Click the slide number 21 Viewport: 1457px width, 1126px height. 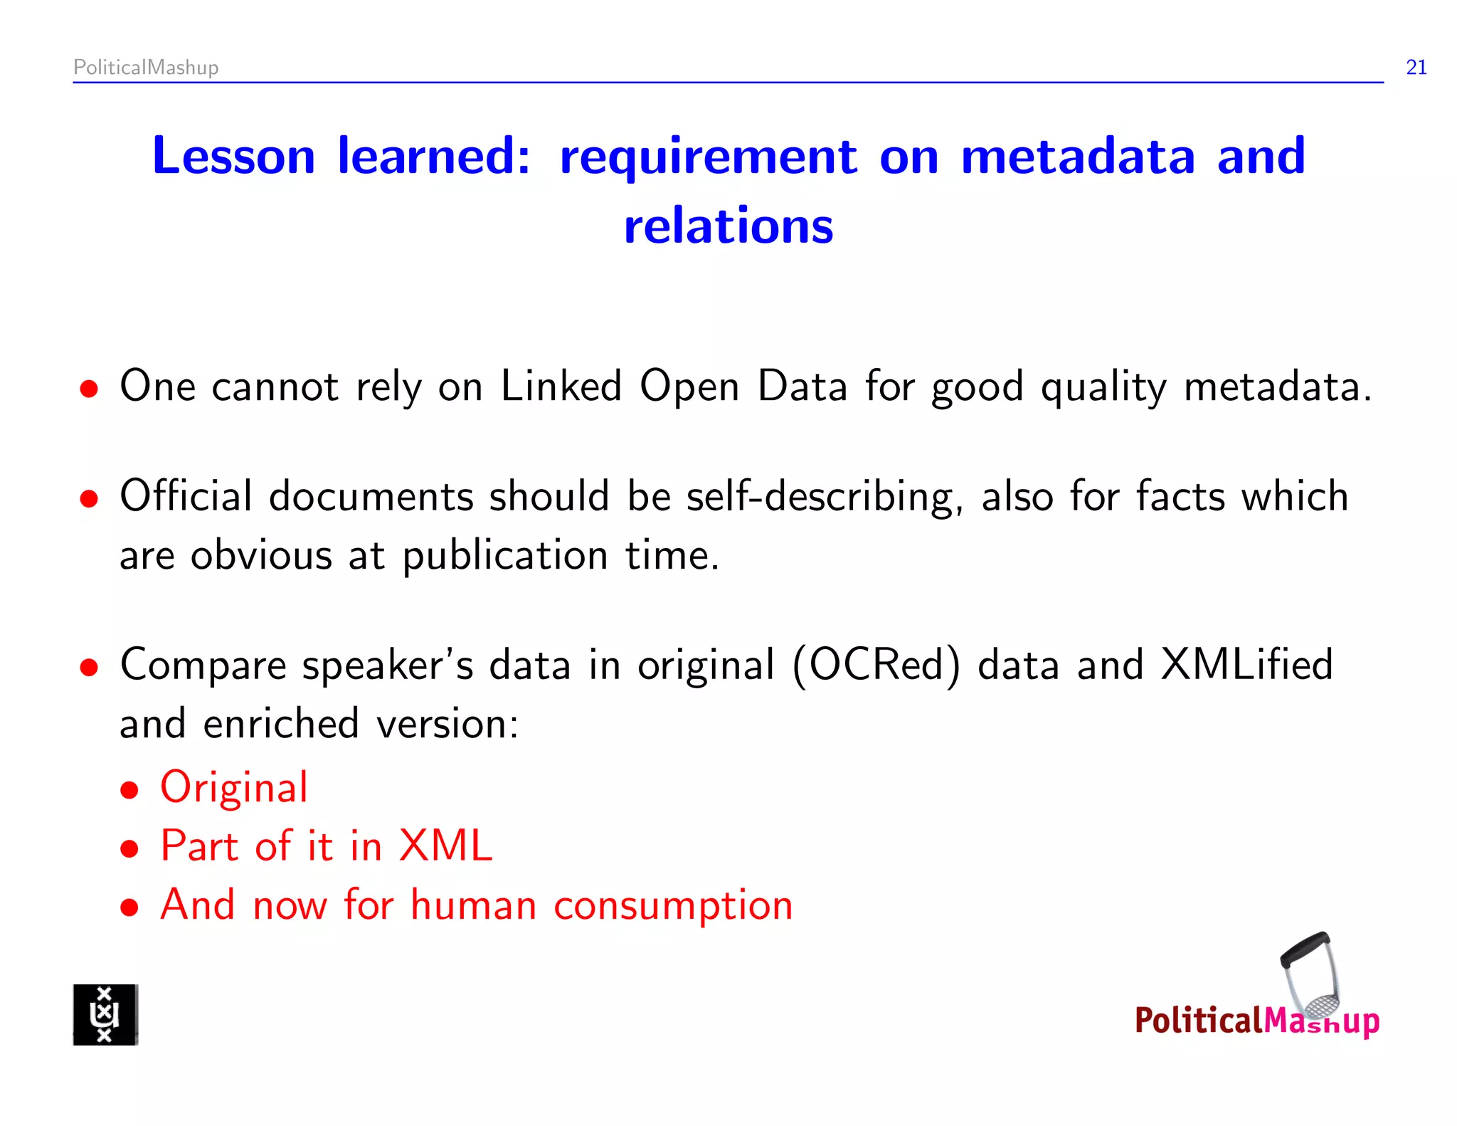[1416, 68]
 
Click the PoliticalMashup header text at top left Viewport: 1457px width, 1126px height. [146, 68]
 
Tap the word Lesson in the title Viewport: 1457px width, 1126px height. [233, 157]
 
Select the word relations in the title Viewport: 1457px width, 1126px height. [728, 226]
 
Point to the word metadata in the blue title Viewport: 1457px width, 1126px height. [1078, 157]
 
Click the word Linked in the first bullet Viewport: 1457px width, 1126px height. [561, 386]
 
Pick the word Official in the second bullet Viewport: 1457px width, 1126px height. [186, 496]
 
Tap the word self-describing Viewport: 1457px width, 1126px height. [824, 498]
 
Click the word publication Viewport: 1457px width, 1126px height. [505, 556]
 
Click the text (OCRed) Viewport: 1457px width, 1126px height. [876, 666]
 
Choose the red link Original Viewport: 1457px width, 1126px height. [234, 788]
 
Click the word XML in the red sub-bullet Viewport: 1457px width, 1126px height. [445, 846]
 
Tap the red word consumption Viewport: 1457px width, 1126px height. [673, 906]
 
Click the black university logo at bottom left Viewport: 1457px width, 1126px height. [105, 1015]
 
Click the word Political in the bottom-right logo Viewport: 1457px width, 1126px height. [1198, 1021]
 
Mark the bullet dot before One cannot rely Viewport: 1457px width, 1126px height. [89, 389]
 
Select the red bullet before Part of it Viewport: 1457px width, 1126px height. [129, 849]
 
